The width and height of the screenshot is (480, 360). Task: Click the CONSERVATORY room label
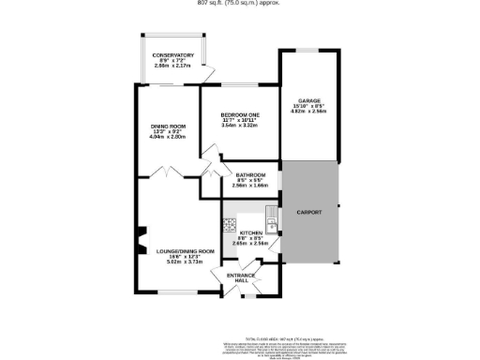coord(172,54)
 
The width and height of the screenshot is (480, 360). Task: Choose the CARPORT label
coord(309,213)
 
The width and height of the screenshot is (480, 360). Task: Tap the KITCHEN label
coord(250,232)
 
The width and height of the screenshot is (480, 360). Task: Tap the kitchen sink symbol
coord(269,225)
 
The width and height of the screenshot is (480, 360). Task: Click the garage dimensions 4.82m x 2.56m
coord(309,112)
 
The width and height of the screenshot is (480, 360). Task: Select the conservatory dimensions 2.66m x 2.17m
coord(172,67)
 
